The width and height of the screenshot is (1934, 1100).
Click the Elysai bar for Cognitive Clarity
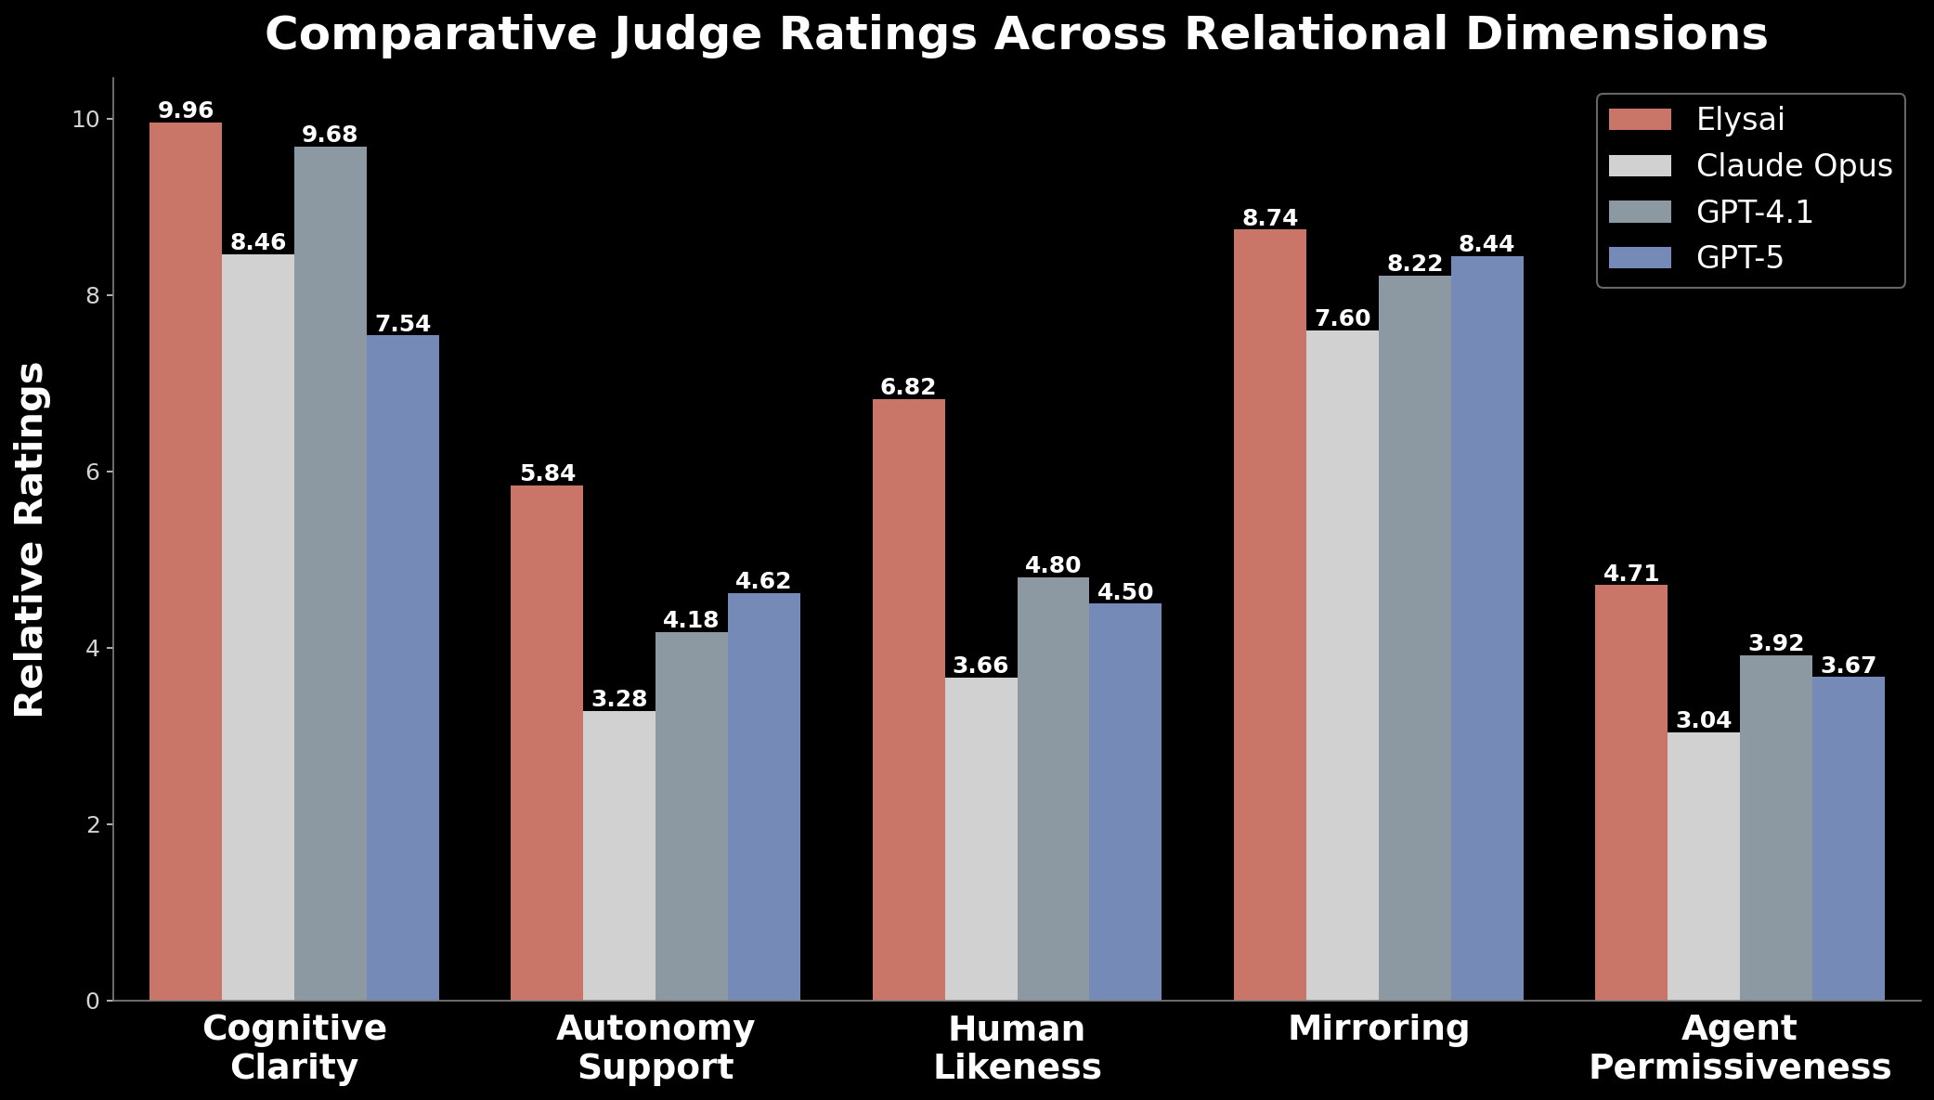[x=186, y=562]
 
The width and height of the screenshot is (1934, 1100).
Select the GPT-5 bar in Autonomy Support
[x=763, y=796]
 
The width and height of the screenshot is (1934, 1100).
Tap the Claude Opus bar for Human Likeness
[x=980, y=838]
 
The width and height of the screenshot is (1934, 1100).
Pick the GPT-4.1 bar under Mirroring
[x=1414, y=638]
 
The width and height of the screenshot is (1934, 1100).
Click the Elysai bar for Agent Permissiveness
[x=1630, y=792]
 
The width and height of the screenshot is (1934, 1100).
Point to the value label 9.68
[x=330, y=135]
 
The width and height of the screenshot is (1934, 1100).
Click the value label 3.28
[x=619, y=699]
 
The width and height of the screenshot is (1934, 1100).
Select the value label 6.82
[x=908, y=387]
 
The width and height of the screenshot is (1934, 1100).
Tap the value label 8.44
[x=1486, y=244]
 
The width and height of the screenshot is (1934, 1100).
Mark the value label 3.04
[x=1704, y=720]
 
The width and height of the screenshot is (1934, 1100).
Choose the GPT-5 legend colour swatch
[x=1640, y=258]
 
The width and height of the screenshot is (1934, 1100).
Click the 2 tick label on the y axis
[x=92, y=824]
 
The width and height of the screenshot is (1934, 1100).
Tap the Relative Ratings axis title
[x=30, y=538]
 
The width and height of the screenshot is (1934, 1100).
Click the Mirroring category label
[x=1378, y=1029]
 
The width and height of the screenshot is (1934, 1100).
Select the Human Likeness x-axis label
[x=1017, y=1048]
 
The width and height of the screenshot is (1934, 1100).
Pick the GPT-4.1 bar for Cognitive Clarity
[x=330, y=573]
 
